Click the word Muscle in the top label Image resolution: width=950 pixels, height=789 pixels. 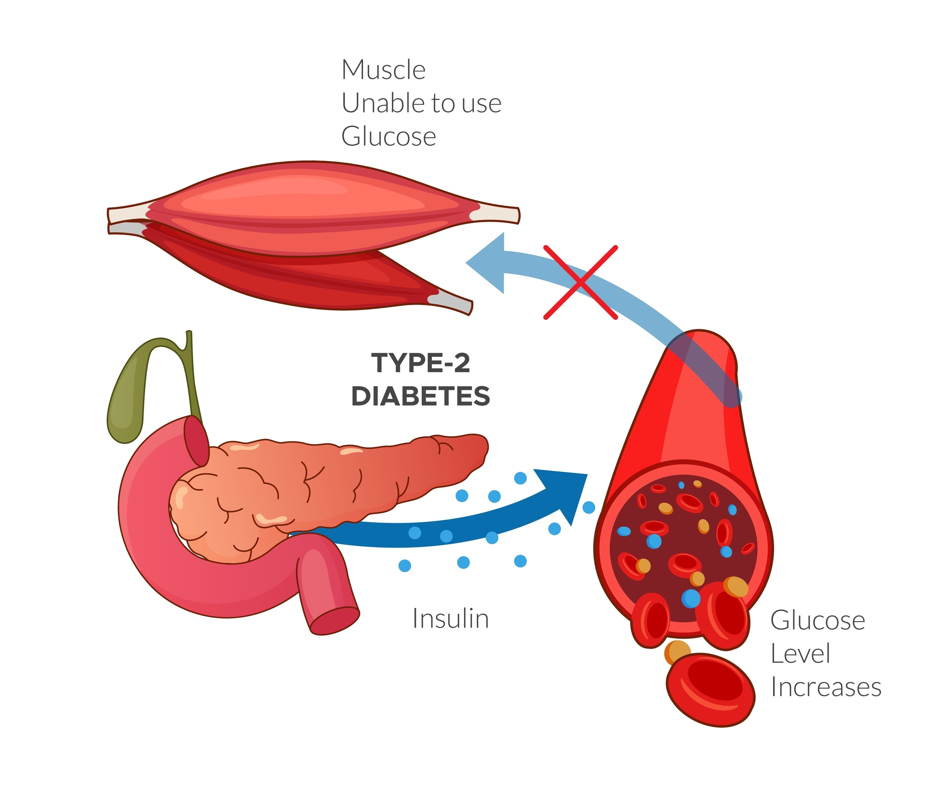click(383, 70)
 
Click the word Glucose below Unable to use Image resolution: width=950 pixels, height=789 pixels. click(388, 137)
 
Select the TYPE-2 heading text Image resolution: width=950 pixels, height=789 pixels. click(420, 363)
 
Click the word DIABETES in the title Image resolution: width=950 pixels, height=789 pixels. click(420, 396)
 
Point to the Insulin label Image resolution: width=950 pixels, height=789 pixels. click(451, 619)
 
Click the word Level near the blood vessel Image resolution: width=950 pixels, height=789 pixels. click(800, 654)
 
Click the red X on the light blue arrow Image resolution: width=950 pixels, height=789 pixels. click(580, 283)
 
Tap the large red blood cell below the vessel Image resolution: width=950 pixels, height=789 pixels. click(710, 690)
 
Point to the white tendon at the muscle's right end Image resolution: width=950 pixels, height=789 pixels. click(498, 214)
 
